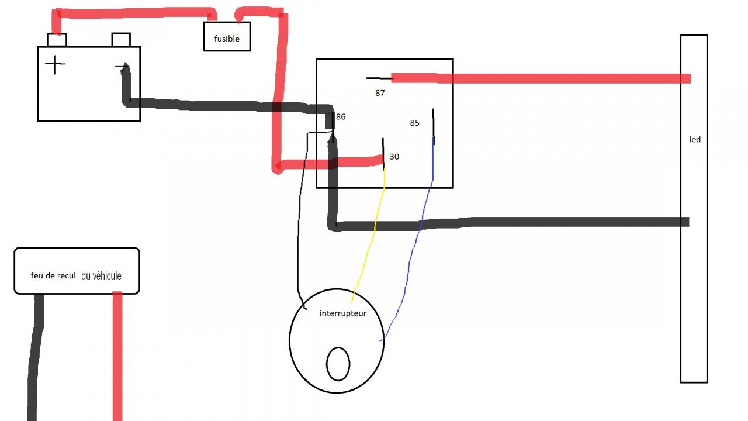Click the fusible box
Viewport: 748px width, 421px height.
[227, 37]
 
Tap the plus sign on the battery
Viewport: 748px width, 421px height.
[56, 64]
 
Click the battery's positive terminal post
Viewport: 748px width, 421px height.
[57, 40]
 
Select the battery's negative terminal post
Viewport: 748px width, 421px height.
[120, 40]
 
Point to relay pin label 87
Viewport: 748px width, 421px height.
[380, 93]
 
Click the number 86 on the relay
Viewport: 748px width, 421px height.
[341, 117]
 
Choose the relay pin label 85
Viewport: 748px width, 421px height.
[414, 123]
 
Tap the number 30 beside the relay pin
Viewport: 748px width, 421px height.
[394, 157]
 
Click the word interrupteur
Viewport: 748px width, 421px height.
[343, 313]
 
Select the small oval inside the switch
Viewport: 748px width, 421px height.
[338, 364]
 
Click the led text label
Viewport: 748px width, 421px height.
[695, 140]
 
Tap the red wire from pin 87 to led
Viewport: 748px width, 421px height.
[538, 78]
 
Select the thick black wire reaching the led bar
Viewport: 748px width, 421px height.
[555, 222]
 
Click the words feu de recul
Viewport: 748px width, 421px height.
[53, 275]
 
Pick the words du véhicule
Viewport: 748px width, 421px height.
[102, 276]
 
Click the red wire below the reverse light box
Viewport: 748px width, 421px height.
[117, 357]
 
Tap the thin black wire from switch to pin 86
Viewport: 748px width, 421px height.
[299, 234]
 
